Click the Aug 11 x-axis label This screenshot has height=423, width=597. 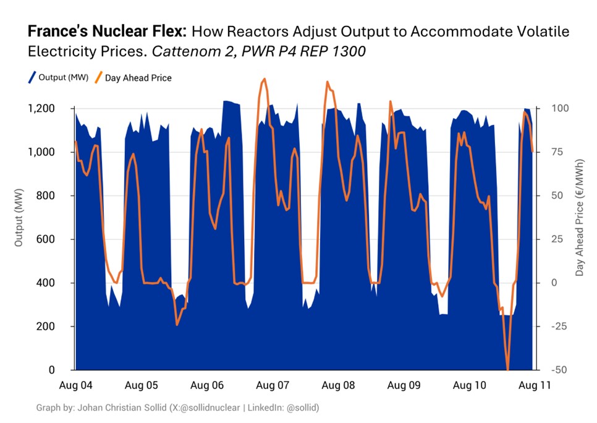click(532, 385)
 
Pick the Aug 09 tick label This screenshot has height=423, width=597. click(405, 385)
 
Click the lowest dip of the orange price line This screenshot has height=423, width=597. click(508, 368)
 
